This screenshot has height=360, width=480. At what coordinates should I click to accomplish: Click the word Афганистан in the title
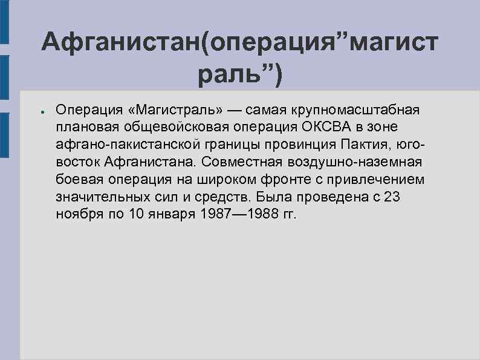click(121, 43)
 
